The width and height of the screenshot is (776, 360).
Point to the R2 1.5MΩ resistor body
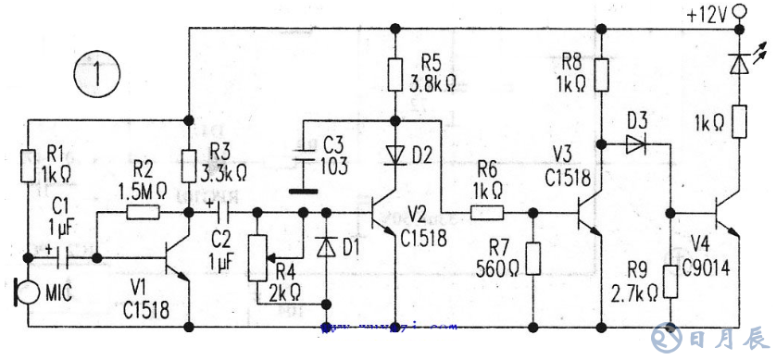point(142,212)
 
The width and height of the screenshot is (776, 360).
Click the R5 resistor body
point(395,75)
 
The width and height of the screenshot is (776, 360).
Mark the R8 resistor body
point(601,74)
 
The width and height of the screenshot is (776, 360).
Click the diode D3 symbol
point(637,143)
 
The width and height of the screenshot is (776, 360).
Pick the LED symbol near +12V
point(738,62)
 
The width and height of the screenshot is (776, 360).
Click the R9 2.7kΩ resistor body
point(670,282)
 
